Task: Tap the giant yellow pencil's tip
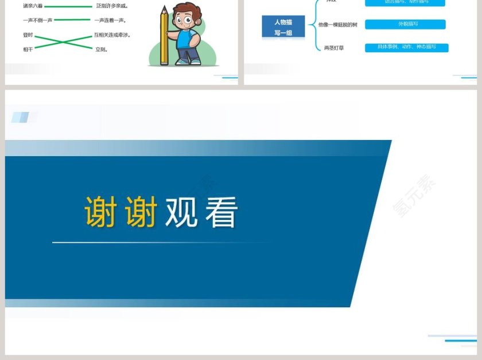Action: [164, 7]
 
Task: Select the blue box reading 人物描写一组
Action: [283, 27]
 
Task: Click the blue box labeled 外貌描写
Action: [405, 24]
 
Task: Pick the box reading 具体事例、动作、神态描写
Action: [406, 47]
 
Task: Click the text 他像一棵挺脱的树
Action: [337, 25]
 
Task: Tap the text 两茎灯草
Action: [334, 48]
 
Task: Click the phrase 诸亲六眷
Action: [33, 6]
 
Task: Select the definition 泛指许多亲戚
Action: [112, 6]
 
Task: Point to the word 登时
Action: [28, 35]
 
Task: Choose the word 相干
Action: [28, 49]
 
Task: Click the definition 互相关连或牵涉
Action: [112, 35]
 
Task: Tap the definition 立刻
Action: [102, 49]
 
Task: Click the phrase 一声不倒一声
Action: [38, 20]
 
